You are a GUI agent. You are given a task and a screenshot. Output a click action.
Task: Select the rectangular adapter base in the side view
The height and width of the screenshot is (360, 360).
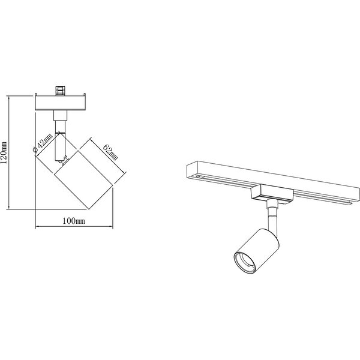(x=62, y=104)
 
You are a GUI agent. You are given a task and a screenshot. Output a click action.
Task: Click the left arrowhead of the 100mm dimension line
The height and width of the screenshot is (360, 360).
(x=38, y=227)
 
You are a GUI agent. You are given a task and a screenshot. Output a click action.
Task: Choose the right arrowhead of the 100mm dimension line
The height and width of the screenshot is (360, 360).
(x=112, y=227)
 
